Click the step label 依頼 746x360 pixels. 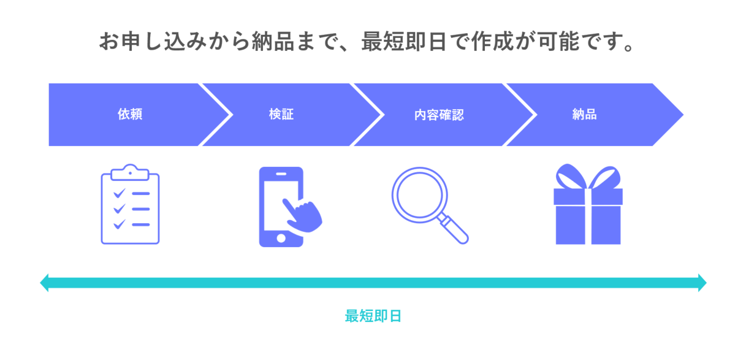[x=130, y=114]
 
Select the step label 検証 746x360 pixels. [x=281, y=114]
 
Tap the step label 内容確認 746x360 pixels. [x=439, y=115]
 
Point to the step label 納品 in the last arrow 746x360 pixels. [x=584, y=114]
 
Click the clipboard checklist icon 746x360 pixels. [x=130, y=204]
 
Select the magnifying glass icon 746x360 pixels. [x=430, y=205]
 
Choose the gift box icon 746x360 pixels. [x=588, y=204]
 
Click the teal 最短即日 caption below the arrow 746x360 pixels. [x=373, y=316]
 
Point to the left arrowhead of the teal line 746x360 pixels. [x=44, y=283]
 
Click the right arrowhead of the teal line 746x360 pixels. [x=702, y=283]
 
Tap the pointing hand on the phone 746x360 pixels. [x=302, y=215]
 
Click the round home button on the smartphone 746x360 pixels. [x=281, y=239]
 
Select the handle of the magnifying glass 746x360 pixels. [x=453, y=229]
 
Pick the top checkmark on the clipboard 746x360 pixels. [x=120, y=193]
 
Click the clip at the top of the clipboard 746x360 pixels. [x=130, y=172]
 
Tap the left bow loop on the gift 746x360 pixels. [x=570, y=175]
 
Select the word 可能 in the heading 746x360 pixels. [x=559, y=41]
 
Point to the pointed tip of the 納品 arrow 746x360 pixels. [x=683, y=115]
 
